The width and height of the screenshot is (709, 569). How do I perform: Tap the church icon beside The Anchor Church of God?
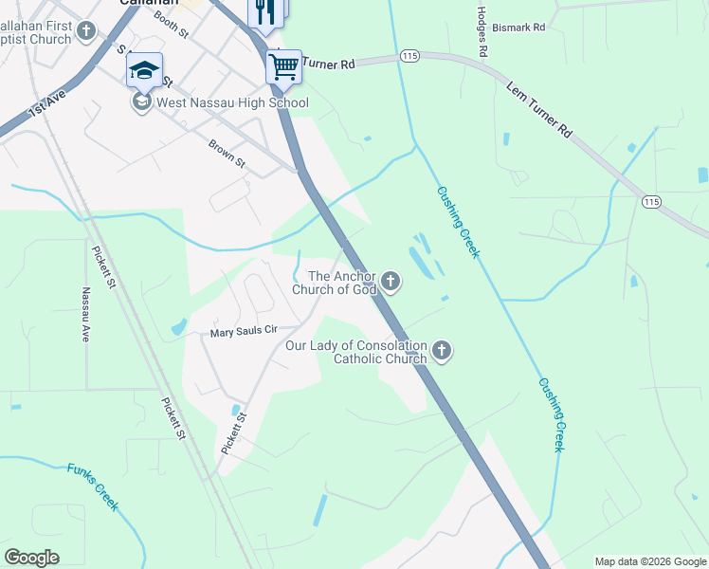pyautogui.click(x=391, y=281)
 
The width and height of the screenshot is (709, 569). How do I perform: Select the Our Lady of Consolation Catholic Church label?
pyautogui.click(x=356, y=352)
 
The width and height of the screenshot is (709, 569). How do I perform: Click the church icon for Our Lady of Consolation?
pyautogui.click(x=441, y=352)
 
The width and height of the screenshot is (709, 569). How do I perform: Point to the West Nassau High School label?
pyautogui.click(x=233, y=102)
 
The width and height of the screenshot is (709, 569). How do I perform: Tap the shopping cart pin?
pyautogui.click(x=283, y=66)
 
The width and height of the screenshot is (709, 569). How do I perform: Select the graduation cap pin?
pyautogui.click(x=144, y=69)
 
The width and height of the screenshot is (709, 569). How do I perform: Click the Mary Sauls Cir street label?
pyautogui.click(x=243, y=332)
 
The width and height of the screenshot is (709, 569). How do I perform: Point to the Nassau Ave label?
pyautogui.click(x=85, y=315)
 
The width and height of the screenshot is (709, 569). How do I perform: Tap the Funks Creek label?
pyautogui.click(x=93, y=486)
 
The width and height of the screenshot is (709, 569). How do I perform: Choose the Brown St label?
pyautogui.click(x=227, y=155)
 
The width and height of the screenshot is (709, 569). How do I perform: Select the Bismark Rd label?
pyautogui.click(x=526, y=28)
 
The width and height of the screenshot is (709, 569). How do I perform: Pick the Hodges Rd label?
pyautogui.click(x=482, y=30)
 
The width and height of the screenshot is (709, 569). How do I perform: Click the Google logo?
pyautogui.click(x=31, y=557)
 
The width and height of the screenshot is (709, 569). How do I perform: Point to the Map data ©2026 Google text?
pyautogui.click(x=650, y=561)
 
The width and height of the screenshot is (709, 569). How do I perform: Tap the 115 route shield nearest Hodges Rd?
pyautogui.click(x=409, y=57)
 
